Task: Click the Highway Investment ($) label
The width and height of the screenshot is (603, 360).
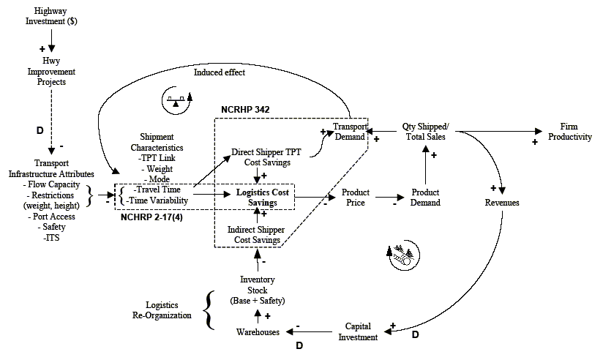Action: pyautogui.click(x=50, y=16)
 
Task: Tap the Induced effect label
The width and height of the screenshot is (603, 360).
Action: pyautogui.click(x=219, y=72)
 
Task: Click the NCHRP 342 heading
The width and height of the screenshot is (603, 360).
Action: pyautogui.click(x=245, y=110)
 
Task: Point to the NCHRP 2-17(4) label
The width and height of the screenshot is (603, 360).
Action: pyautogui.click(x=151, y=217)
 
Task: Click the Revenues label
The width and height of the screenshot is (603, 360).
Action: pyautogui.click(x=501, y=202)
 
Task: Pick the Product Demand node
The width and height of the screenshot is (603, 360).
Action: pyautogui.click(x=425, y=198)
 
